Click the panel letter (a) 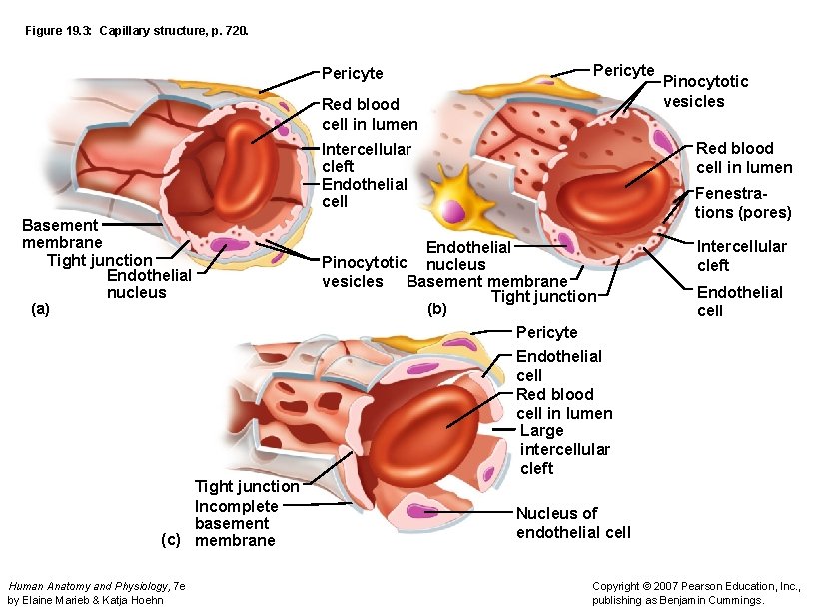39,309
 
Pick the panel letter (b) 437,309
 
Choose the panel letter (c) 171,540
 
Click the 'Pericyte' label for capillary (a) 352,73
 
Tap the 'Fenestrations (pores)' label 743,203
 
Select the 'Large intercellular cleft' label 564,449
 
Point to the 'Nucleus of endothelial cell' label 573,522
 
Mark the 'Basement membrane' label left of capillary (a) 61,234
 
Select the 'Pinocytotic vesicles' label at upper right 705,91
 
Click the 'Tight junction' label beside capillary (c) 246,486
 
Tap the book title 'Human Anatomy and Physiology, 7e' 95,586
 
